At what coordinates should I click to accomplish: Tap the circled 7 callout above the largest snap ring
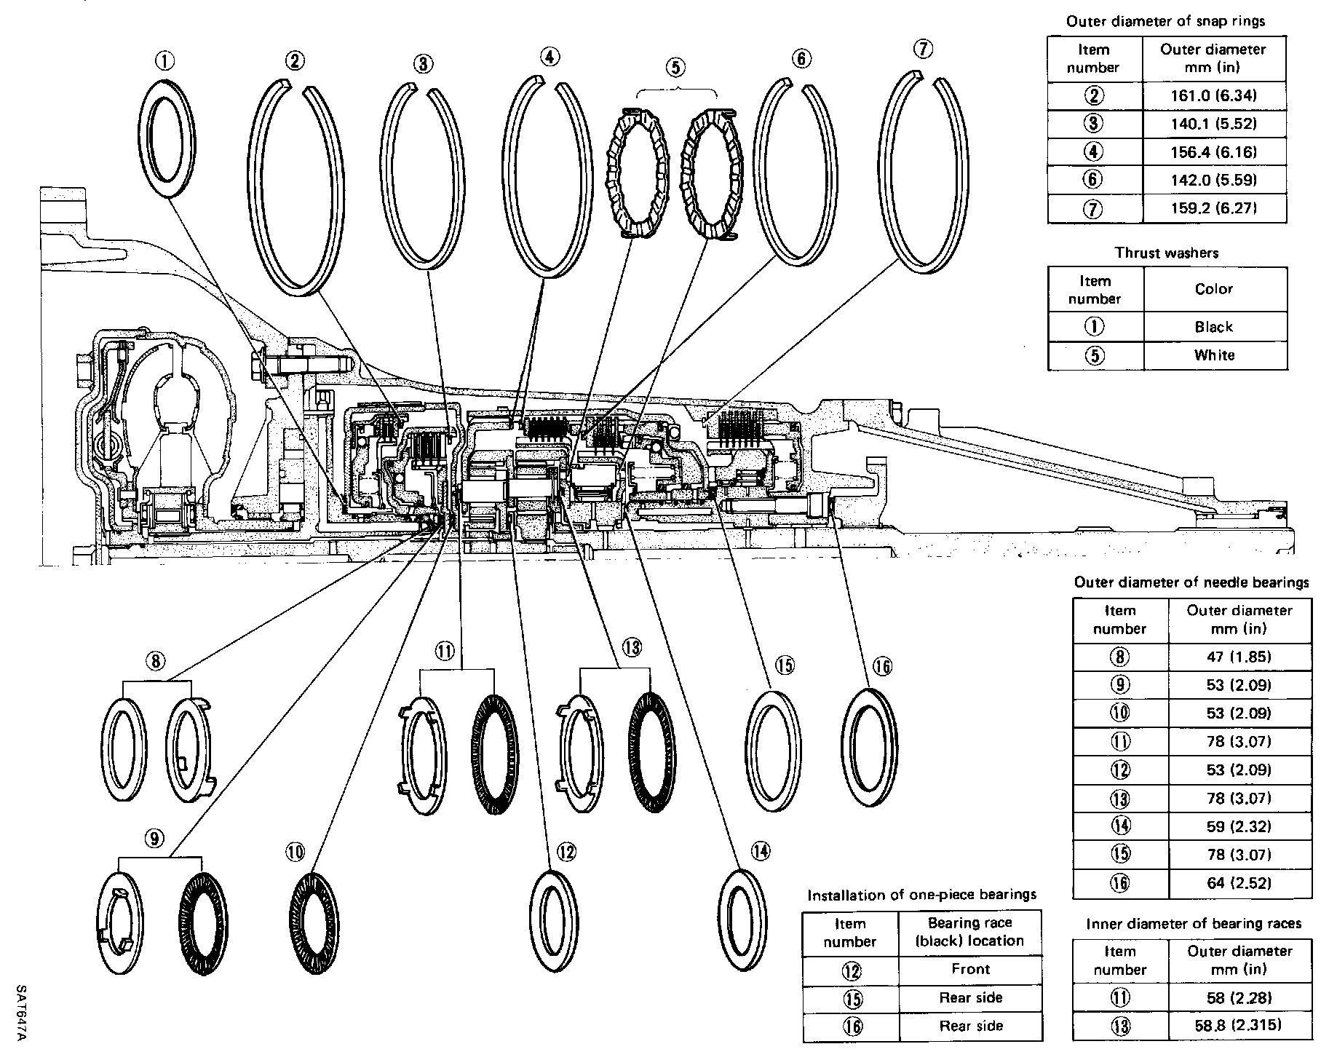[921, 50]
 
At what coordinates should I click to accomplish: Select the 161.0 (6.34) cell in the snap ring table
[1213, 95]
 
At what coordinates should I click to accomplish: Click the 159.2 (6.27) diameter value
[1213, 209]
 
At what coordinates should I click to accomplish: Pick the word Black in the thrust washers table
[1213, 327]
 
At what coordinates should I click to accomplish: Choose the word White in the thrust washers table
[1214, 355]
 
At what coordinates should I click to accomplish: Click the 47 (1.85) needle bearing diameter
[1239, 657]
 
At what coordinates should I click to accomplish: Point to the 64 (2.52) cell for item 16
[1239, 883]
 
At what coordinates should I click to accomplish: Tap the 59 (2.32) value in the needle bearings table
[1239, 826]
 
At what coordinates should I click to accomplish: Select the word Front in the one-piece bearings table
[970, 969]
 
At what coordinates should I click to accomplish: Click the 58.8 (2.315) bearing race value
[1239, 1026]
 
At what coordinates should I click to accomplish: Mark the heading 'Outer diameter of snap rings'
[1165, 21]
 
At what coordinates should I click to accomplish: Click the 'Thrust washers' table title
[1167, 253]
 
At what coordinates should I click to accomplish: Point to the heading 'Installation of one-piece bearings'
[922, 895]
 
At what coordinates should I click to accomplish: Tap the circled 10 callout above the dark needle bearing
[296, 852]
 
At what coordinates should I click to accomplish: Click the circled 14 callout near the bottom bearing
[761, 850]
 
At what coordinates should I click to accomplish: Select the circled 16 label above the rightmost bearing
[882, 666]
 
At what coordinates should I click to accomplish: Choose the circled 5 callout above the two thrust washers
[675, 68]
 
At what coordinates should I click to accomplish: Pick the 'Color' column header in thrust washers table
[1214, 289]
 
